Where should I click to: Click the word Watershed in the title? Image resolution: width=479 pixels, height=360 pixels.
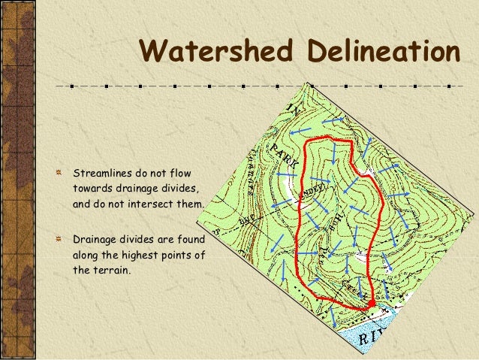pos(215,52)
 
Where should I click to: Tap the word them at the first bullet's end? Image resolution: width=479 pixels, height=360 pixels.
pos(190,203)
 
